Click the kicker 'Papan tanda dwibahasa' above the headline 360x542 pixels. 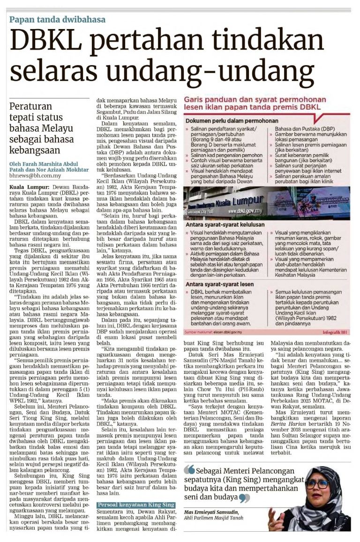tap(58, 20)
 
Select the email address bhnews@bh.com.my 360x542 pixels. tap(35, 176)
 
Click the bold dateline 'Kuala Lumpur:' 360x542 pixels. tap(25, 186)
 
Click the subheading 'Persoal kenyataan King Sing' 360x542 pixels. tap(136, 491)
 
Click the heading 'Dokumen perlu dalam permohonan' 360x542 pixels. tap(230, 120)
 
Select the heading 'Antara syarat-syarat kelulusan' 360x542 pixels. tap(226, 224)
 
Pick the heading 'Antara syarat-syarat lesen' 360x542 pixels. tap(219, 284)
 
